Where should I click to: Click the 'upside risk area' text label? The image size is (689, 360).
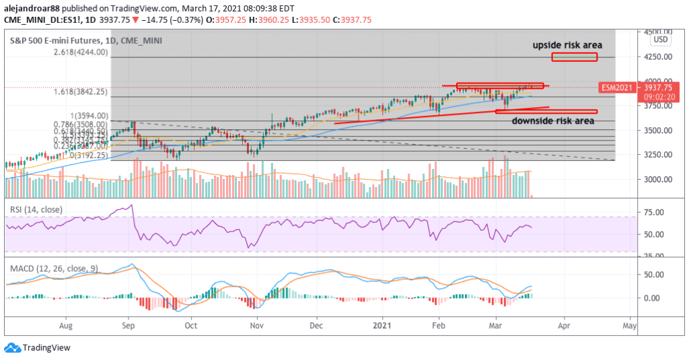coord(567,45)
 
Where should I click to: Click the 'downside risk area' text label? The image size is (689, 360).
coord(553,121)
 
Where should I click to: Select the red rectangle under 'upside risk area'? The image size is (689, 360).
coord(574,57)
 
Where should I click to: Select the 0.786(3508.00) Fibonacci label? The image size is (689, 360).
coord(83,124)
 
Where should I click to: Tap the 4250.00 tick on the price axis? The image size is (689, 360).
coord(656,57)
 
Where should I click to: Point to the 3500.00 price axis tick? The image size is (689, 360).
coord(656,131)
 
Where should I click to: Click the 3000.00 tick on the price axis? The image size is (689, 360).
coord(656,180)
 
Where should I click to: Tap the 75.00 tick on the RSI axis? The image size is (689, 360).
coord(653,213)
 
